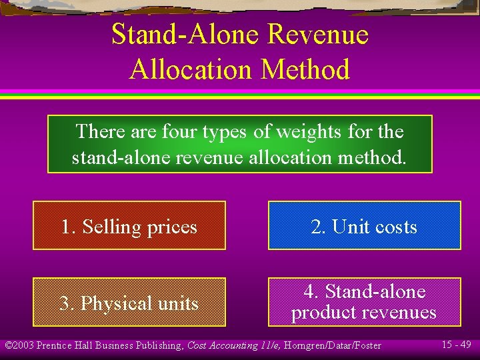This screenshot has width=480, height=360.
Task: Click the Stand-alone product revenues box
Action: [364, 302]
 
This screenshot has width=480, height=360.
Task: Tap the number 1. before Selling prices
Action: [69, 227]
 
